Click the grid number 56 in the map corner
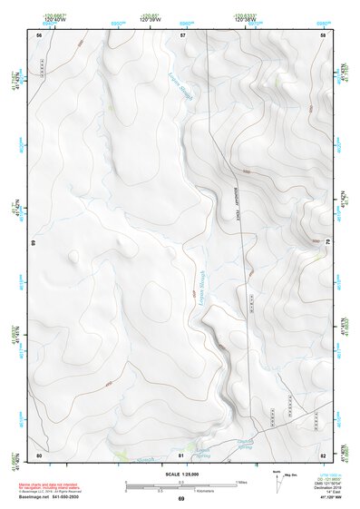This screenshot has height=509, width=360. pos(39,34)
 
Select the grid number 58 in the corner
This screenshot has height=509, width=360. pos(323,34)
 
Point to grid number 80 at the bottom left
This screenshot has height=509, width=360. pos(39,455)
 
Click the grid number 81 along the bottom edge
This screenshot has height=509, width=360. pos(181,455)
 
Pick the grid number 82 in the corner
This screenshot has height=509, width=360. pos(323,455)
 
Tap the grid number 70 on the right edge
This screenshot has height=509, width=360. pos(328,243)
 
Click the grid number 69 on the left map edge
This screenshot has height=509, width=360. pos(33,243)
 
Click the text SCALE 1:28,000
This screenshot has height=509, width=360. pos(180,474)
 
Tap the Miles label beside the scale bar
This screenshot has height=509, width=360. pos(240,481)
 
